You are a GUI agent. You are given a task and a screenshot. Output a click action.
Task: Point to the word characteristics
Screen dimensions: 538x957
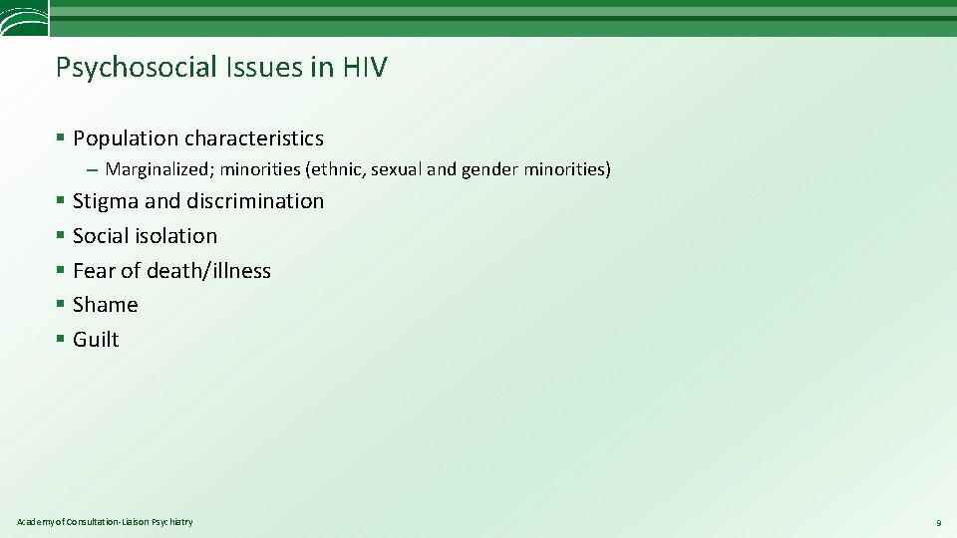pos(254,138)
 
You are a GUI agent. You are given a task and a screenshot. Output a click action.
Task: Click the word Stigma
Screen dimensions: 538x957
pos(106,201)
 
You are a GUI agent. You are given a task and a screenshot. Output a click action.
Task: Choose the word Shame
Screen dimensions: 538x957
pos(105,305)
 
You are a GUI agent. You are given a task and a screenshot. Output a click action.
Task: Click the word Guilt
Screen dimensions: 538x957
pos(96,340)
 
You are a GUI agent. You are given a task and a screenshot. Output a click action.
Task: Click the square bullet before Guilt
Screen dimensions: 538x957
pos(61,340)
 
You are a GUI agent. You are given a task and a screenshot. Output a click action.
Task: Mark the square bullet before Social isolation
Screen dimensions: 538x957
pos(61,236)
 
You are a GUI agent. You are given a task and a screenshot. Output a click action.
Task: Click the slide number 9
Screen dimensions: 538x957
pos(938,523)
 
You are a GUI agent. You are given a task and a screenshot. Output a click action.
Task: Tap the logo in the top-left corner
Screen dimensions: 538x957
pos(23,17)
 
